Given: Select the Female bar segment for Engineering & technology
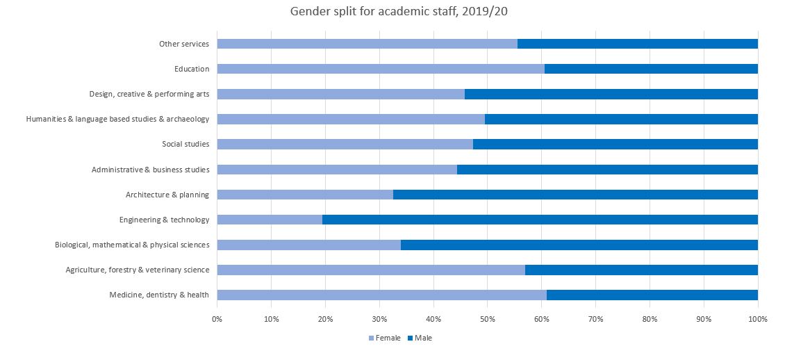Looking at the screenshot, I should pyautogui.click(x=270, y=220).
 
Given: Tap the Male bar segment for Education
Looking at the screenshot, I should pyautogui.click(x=651, y=69).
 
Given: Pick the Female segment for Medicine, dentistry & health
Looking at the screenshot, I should pyautogui.click(x=381, y=295).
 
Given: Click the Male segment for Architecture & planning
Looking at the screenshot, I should pyautogui.click(x=575, y=195).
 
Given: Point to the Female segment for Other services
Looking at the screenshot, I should pyautogui.click(x=367, y=44).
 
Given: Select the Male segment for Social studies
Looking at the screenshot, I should pyautogui.click(x=615, y=144).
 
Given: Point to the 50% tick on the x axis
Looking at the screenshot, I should pyautogui.click(x=487, y=319).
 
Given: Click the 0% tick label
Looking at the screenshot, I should pyautogui.click(x=217, y=319).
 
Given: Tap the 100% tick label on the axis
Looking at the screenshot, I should pyautogui.click(x=757, y=319).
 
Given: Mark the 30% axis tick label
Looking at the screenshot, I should pyautogui.click(x=379, y=319).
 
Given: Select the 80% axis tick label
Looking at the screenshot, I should pyautogui.click(x=650, y=319).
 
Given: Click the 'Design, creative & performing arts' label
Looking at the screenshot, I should pyautogui.click(x=149, y=94).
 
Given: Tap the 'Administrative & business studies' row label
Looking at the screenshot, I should pyautogui.click(x=150, y=170).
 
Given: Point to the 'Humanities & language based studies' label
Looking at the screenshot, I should pyautogui.click(x=117, y=119).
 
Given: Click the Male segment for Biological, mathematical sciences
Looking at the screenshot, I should pyautogui.click(x=579, y=245).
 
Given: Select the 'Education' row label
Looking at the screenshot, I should pyautogui.click(x=192, y=69).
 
